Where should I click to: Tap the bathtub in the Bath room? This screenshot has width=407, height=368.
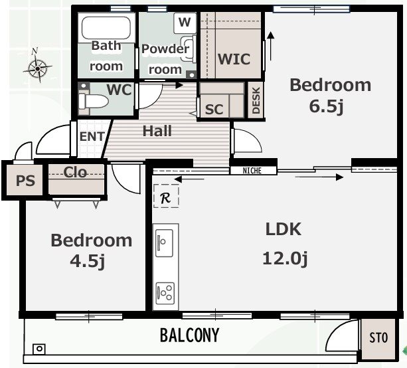click(x=106, y=28)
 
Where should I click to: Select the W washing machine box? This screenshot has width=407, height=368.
click(x=185, y=23)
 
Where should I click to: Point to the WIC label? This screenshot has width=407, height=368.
click(x=234, y=59)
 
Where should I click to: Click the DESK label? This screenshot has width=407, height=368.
click(x=256, y=100)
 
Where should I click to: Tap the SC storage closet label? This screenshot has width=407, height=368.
click(x=214, y=110)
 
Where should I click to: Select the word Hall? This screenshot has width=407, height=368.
click(x=157, y=131)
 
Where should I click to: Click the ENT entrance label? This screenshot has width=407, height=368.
click(x=92, y=137)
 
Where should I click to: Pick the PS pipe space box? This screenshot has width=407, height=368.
click(x=25, y=180)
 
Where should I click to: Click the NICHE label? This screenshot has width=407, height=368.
click(x=252, y=171)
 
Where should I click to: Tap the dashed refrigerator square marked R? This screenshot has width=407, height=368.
click(x=166, y=196)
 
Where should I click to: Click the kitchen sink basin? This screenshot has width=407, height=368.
click(x=164, y=243)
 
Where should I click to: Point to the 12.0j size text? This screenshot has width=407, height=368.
click(x=285, y=259)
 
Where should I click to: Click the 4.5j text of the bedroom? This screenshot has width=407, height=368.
click(x=88, y=262)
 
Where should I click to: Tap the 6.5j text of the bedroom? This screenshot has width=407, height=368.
click(x=327, y=106)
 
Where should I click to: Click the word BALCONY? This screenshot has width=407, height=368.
click(x=189, y=335)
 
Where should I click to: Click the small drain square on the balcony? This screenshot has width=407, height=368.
click(x=39, y=349)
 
